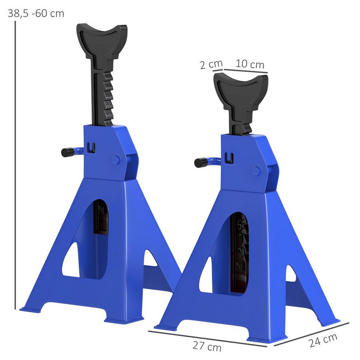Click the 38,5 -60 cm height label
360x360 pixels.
[36, 13]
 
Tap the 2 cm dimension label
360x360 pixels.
[211, 64]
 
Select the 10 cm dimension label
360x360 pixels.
[250, 64]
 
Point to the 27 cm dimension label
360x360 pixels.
[207, 346]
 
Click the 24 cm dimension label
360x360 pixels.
[323, 340]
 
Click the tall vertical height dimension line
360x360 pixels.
[15, 164]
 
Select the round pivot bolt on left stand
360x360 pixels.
[115, 160]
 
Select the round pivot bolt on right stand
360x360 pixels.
[256, 171]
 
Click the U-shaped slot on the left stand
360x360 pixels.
[92, 147]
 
